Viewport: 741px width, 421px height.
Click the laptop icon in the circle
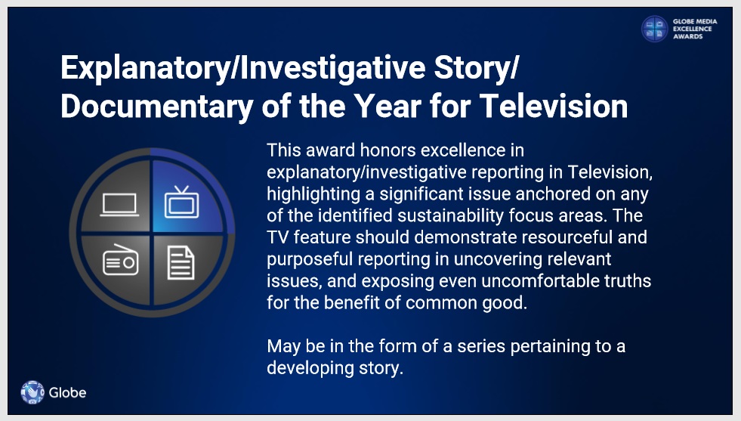119,205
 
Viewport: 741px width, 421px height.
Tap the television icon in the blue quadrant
181,203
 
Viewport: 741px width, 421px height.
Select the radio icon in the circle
121,260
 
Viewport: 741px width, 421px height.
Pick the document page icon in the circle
181,262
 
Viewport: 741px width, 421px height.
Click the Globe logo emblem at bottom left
32,392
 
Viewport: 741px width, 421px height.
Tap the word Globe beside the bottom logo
67,392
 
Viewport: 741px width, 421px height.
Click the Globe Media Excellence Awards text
695,29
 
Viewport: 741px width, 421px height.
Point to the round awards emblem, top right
655,29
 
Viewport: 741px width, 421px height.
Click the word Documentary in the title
157,107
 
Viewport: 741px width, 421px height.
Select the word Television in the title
554,106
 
